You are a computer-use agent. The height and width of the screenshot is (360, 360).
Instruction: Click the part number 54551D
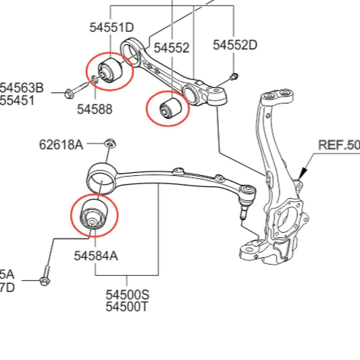point(111,28)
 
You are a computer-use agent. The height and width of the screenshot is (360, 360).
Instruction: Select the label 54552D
point(235,45)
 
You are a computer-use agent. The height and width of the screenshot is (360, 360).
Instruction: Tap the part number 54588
point(94,109)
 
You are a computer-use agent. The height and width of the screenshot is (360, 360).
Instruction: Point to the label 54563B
point(22,88)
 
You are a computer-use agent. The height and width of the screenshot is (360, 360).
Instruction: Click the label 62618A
point(61,145)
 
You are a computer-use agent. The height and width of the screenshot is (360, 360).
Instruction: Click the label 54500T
point(127,307)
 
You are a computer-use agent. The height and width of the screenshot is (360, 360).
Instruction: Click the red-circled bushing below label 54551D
point(110,70)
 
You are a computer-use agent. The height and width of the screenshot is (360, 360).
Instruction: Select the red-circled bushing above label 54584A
point(93,215)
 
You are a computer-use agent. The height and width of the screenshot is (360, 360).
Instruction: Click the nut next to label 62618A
point(110,144)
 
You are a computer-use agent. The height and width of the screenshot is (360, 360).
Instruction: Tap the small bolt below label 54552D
point(235,76)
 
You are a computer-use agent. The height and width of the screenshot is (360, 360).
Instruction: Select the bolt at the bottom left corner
point(45,276)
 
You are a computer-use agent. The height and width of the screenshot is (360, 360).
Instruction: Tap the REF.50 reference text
point(339,145)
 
